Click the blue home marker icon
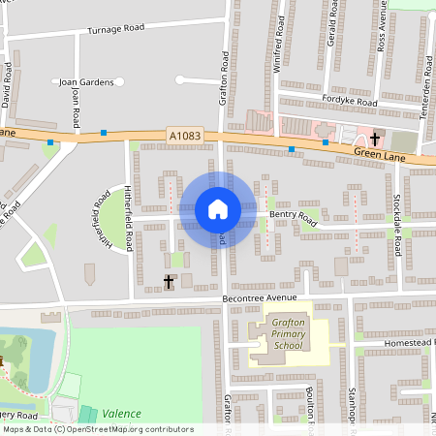click(217, 208)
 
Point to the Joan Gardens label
click(86, 82)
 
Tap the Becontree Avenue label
click(264, 298)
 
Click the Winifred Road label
click(279, 50)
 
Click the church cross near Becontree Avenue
click(169, 282)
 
